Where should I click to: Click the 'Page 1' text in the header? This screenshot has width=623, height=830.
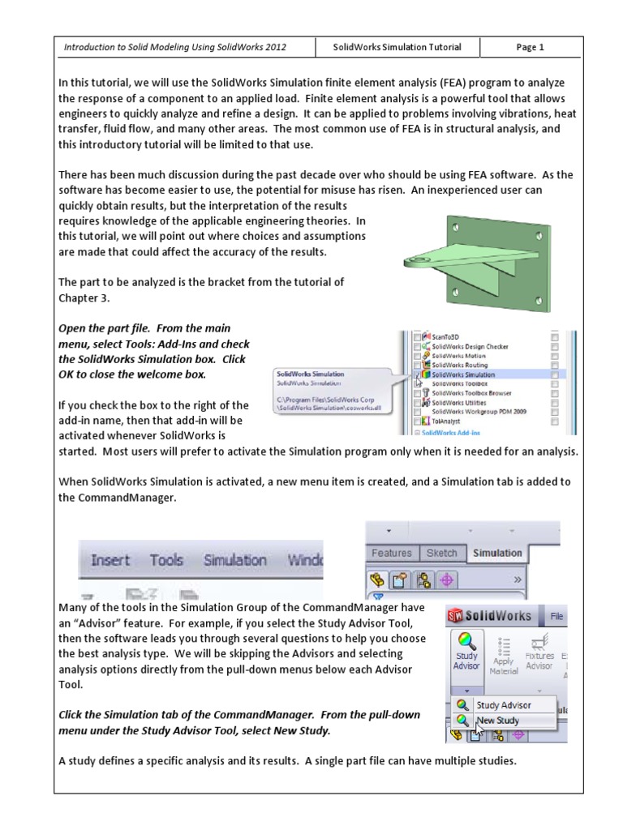point(530,47)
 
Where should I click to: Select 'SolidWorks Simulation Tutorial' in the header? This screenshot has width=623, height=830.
point(397,47)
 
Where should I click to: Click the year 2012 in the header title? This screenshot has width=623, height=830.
point(273,47)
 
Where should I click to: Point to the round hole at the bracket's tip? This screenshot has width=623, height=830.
point(415,257)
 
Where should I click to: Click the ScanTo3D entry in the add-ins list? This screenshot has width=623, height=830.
point(445,336)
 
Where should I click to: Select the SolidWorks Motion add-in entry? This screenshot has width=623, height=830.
point(458,356)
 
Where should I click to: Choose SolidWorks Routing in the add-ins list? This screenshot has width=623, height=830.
point(459,366)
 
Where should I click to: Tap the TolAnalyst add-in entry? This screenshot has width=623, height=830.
point(447,421)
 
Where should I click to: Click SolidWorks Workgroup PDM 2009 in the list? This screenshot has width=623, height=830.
point(479,412)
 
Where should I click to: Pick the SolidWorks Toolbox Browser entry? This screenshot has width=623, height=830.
point(470,393)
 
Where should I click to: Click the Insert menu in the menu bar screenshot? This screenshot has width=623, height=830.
point(110,560)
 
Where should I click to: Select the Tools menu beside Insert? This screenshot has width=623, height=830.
point(166,560)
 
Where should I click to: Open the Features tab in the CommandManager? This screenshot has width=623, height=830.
point(391,553)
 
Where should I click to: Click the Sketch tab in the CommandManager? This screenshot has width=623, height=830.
point(442,553)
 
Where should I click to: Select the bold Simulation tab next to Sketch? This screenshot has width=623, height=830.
point(497,553)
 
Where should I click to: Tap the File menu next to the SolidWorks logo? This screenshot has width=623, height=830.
point(557,616)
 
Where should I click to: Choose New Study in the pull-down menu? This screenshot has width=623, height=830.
point(498,720)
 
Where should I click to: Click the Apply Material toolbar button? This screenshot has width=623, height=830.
point(504,657)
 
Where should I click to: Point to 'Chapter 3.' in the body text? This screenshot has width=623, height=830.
point(84,297)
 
